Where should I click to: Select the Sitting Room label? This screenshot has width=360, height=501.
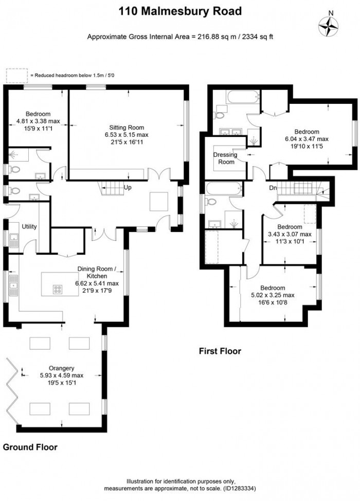tap(126, 127)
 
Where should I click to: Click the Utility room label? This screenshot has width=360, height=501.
tap(29, 226)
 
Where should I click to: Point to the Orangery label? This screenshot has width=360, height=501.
tap(62, 368)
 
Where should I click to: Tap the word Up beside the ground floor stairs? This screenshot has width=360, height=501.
tap(127, 188)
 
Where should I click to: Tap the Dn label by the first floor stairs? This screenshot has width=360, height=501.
tap(273, 188)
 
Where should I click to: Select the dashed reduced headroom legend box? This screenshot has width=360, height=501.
tap(17, 75)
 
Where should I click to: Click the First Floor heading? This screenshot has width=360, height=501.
tap(220, 351)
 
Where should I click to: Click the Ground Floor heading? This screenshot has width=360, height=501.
tap(30, 447)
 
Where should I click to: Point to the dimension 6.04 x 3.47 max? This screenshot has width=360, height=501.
tap(307, 138)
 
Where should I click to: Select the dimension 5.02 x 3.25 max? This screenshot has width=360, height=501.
tap(273, 295)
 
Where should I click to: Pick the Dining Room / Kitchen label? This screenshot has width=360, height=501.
tap(97, 272)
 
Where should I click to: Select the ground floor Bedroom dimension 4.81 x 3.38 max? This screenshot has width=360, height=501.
tap(39, 121)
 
